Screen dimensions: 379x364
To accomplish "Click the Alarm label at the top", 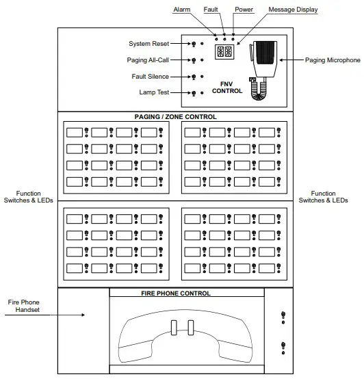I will tap(181, 10).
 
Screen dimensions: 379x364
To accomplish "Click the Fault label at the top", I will tap(211, 10).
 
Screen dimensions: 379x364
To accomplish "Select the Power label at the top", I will tap(244, 10).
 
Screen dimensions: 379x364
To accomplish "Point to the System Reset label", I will tap(149, 44).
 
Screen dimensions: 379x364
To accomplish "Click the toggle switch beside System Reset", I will tap(194, 44).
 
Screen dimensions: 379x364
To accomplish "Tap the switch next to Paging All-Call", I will tap(194, 61).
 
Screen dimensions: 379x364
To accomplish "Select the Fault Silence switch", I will tap(194, 77).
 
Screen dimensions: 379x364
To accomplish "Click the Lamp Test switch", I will tap(194, 93).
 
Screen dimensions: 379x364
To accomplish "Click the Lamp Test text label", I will tap(155, 92).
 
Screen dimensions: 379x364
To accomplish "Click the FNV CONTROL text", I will tap(226, 86).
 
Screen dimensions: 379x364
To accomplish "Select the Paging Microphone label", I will tap(333, 60).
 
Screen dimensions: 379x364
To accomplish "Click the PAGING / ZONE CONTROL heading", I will tap(175, 117).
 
